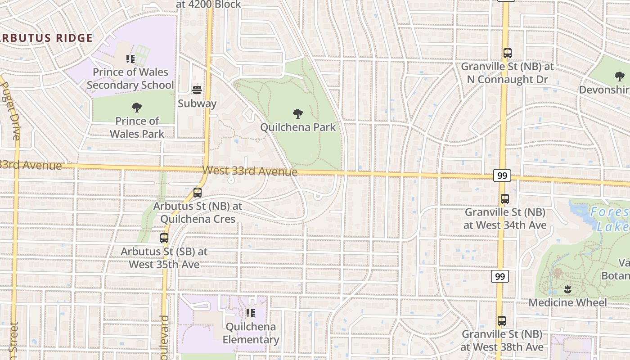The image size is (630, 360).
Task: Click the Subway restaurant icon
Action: [x=197, y=90]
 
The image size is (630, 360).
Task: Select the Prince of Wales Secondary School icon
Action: [x=130, y=59]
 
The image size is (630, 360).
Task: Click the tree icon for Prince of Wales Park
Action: [x=137, y=108]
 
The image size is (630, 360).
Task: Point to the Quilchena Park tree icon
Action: [x=297, y=114]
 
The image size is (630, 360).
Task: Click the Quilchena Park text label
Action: [x=298, y=127]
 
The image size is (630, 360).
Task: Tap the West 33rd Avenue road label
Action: [x=250, y=171]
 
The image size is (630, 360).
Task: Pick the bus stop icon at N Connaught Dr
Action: [x=508, y=53]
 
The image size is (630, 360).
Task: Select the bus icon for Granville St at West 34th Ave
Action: [x=505, y=199]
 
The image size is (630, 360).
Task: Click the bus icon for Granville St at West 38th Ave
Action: [x=502, y=321]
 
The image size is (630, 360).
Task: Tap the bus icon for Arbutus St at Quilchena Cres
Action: [x=197, y=193]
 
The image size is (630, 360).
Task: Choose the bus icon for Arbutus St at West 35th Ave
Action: [x=164, y=238]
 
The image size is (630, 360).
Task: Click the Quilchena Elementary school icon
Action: [x=251, y=313]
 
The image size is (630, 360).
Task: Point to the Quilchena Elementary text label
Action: [x=251, y=333]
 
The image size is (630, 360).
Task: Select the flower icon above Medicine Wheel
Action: [x=567, y=289]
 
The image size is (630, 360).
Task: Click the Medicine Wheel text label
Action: [x=567, y=302]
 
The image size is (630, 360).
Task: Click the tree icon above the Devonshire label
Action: [x=620, y=76]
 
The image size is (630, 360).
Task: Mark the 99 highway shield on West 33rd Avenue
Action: [x=502, y=175]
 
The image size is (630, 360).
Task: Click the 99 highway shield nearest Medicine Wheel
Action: [x=500, y=276]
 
